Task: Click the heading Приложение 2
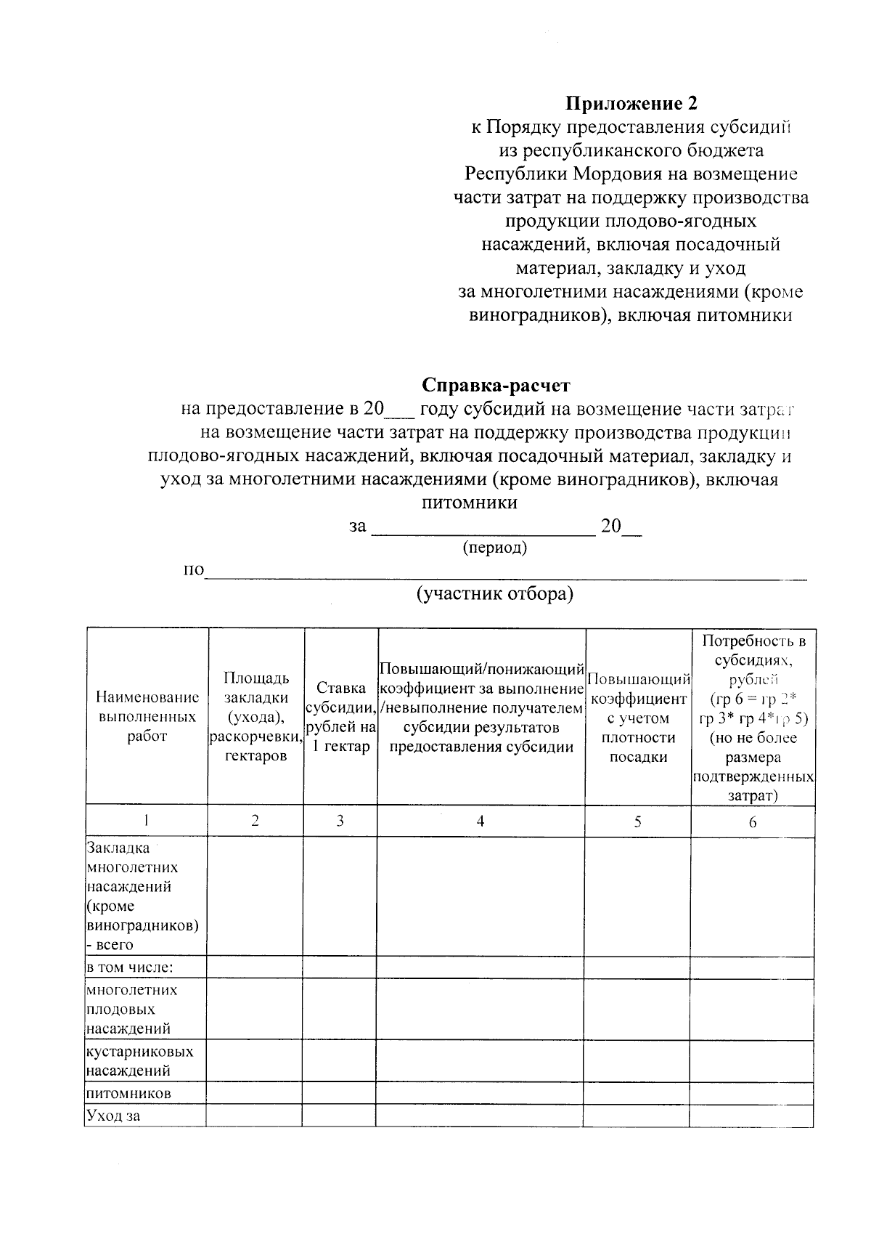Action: (631, 104)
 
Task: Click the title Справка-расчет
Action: (496, 385)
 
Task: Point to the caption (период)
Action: (495, 548)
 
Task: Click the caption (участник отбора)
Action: (495, 594)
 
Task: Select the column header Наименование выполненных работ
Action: (147, 717)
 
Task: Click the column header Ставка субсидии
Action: (340, 717)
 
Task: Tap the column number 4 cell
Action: (481, 821)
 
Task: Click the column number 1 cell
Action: (147, 821)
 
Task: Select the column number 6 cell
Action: (753, 821)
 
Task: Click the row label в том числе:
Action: (130, 968)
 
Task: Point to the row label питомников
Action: (128, 1094)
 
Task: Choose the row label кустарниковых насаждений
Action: (139, 1061)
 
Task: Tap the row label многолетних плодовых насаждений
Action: (131, 1010)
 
